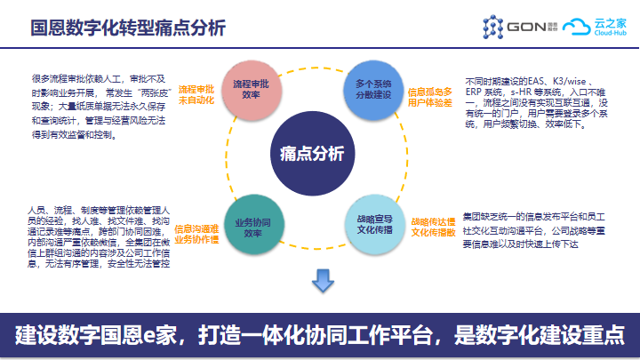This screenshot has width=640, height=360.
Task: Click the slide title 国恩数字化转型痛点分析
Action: (x=128, y=27)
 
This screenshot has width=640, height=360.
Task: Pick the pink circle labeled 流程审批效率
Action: (x=252, y=88)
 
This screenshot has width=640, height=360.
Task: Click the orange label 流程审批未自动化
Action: (x=196, y=95)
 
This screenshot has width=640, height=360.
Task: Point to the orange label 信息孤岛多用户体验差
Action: (x=430, y=97)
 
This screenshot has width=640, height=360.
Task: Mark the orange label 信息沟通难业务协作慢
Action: (x=197, y=233)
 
